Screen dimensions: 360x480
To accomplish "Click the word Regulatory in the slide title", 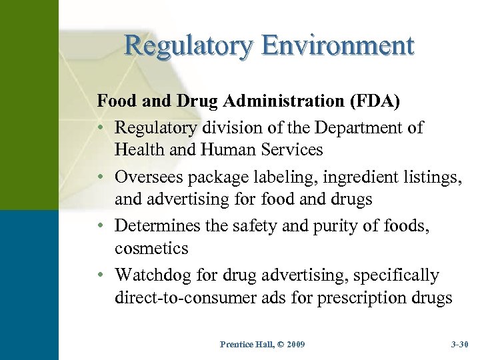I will [x=188, y=46].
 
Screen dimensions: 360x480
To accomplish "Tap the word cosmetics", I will [x=151, y=249].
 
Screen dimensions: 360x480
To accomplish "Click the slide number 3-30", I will [x=459, y=344].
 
